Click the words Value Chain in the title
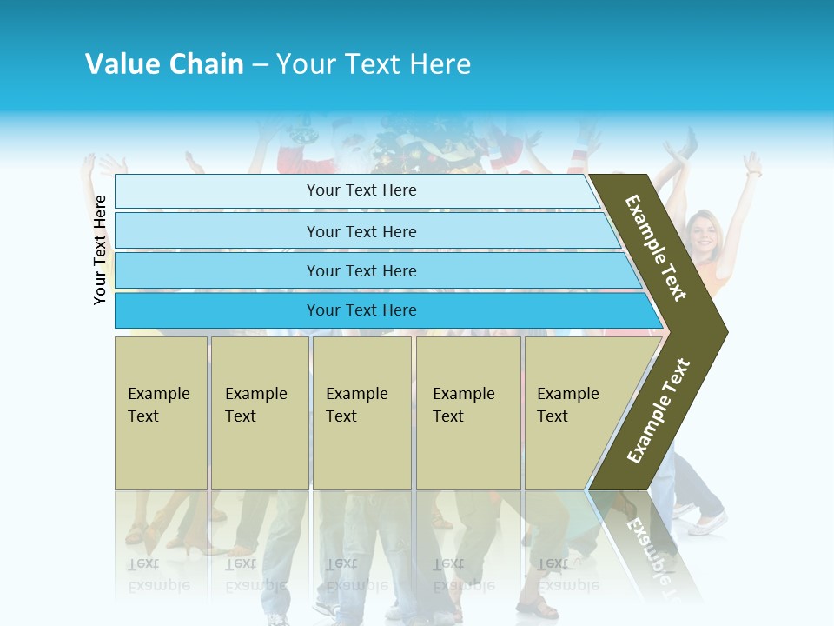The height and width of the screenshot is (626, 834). (x=164, y=63)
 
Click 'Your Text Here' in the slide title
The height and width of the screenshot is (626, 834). (x=374, y=63)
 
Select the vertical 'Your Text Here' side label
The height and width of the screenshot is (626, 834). (x=100, y=250)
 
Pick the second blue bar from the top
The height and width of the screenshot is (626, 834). (x=361, y=231)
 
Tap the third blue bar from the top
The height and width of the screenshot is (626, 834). (x=361, y=270)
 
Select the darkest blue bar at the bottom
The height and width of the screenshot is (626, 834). (x=361, y=310)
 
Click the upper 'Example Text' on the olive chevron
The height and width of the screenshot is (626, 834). (x=657, y=248)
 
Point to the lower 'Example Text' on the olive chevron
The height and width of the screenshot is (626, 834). (x=659, y=410)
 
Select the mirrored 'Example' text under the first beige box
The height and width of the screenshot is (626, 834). (x=159, y=585)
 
